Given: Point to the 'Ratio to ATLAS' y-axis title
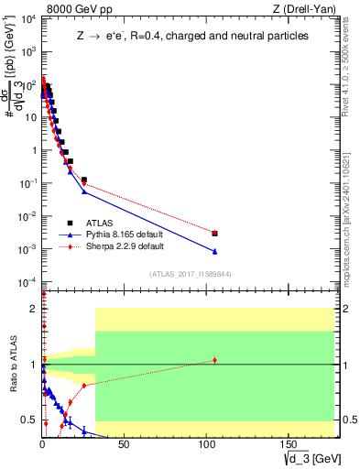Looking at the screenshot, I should pyautogui.click(x=12, y=364).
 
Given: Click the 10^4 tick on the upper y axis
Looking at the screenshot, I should pyautogui.click(x=27, y=19).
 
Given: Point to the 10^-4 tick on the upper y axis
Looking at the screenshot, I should pyautogui.click(x=27, y=281).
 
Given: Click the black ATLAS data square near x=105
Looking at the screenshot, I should pyautogui.click(x=214, y=234).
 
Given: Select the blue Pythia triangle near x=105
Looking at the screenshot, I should pyautogui.click(x=214, y=251).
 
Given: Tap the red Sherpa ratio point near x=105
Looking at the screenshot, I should pyautogui.click(x=214, y=360).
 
